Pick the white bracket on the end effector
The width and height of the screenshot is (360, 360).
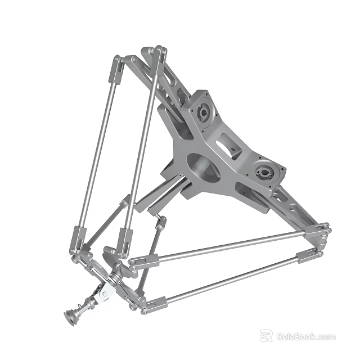pyautogui.click(x=104, y=292)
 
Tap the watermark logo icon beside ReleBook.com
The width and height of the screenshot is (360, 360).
pyautogui.click(x=267, y=336)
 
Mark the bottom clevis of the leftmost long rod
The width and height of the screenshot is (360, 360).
pyautogui.click(x=77, y=239)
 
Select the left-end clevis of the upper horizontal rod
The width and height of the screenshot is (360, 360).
pyautogui.click(x=142, y=260)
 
